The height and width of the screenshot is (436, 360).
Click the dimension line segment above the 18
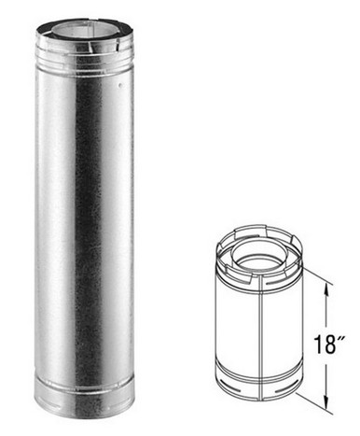[x=325, y=308]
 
